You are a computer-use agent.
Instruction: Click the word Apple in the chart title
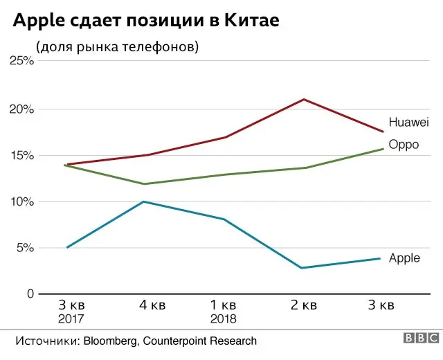tap(40, 22)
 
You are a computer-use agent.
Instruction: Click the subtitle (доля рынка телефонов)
tap(117, 46)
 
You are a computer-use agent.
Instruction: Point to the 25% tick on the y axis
tap(21, 61)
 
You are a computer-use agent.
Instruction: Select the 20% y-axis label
tap(21, 109)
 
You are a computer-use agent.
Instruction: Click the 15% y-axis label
tap(21, 155)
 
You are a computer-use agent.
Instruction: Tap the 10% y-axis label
tap(21, 201)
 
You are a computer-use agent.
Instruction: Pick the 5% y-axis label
tap(24, 248)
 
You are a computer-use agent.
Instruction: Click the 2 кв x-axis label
tap(302, 305)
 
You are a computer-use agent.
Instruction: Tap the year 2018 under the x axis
tap(224, 319)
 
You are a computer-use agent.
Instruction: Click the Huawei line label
tap(409, 123)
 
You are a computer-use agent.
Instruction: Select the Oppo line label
tap(404, 145)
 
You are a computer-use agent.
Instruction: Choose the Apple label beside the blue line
tap(404, 258)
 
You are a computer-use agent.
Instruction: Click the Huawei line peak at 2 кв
tap(303, 99)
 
